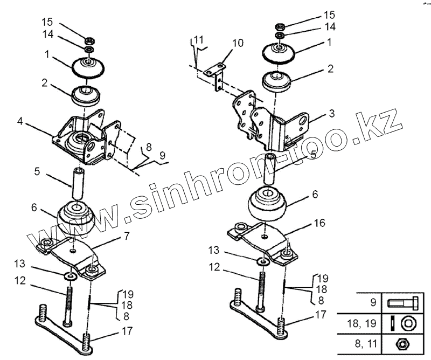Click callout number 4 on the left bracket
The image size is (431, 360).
(19, 122)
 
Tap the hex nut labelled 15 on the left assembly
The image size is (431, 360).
(91, 40)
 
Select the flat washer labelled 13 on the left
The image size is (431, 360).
(68, 276)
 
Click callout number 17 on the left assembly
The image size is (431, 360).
(127, 330)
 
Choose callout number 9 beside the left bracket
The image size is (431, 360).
(162, 156)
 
